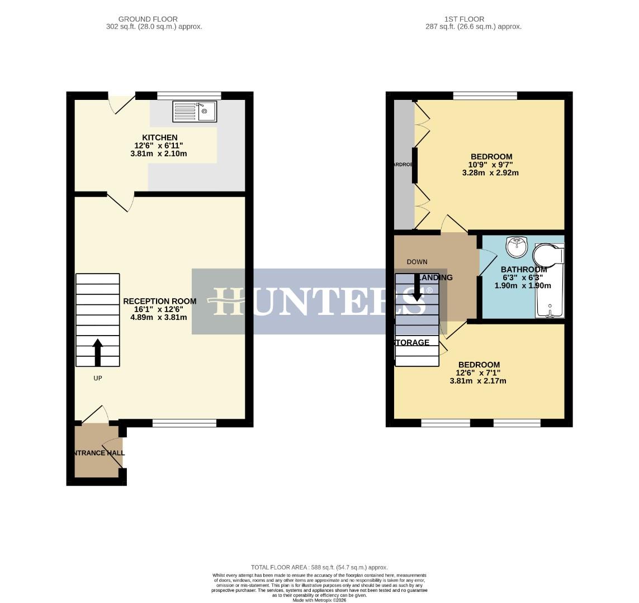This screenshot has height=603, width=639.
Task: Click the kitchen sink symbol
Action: [194, 111]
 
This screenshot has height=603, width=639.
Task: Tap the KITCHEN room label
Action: [160, 137]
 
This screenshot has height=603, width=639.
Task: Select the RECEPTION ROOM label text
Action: [159, 301]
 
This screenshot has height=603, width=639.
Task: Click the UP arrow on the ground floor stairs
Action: [97, 351]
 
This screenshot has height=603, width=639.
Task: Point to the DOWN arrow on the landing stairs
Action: [416, 287]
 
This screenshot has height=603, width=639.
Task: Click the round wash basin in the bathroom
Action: [517, 246]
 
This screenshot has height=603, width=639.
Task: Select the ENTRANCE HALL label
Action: [98, 453]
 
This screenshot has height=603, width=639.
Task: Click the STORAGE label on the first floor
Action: [413, 342]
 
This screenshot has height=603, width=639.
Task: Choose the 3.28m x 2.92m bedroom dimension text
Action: [490, 173]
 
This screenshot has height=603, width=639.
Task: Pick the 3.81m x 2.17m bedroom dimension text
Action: [477, 381]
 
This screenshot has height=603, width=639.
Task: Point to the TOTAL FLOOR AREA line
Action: [319, 567]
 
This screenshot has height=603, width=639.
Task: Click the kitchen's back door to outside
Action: [121, 103]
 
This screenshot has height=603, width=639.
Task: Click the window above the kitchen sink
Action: [189, 95]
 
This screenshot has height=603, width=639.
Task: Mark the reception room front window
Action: [184, 423]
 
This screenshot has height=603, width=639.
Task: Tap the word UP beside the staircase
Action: [97, 378]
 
